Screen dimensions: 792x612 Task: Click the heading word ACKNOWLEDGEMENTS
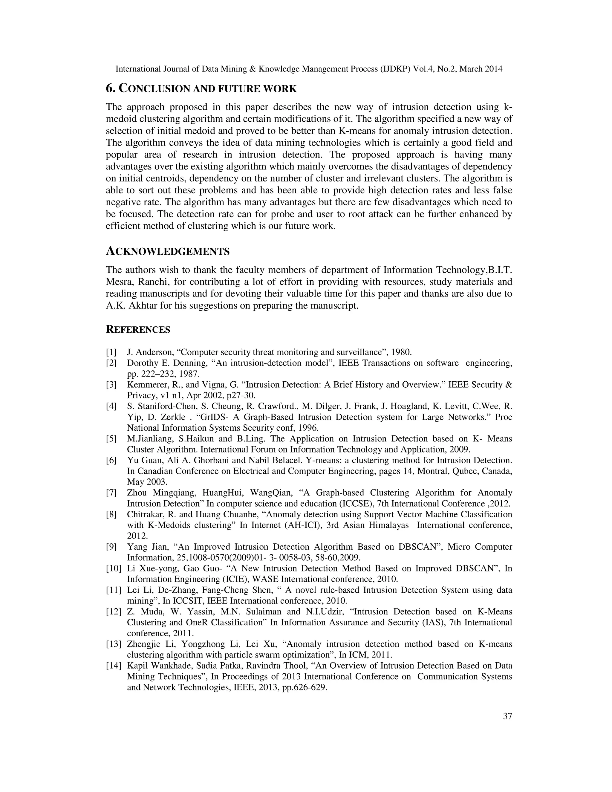pos(168,251)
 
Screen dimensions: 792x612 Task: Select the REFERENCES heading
pos(138,330)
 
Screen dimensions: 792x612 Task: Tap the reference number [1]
pos(111,352)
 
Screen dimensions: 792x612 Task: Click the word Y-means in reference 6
pos(304,461)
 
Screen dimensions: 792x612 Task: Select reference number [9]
pos(111,547)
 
